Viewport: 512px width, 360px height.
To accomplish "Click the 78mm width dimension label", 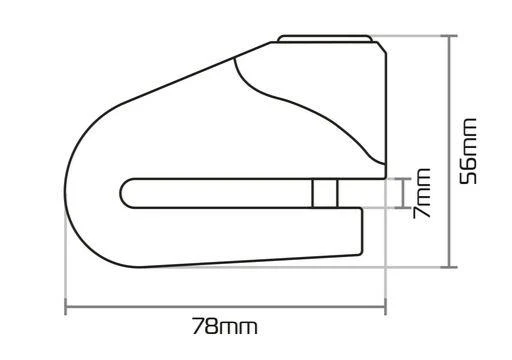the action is pos(225,326).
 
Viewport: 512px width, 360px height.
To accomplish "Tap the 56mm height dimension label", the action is pos(468,151).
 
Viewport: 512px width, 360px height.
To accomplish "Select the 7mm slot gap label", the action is pos(421,193).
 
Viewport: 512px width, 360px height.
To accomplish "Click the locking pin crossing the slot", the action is pos(325,193).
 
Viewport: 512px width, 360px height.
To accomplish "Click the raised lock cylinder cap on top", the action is pos(325,38).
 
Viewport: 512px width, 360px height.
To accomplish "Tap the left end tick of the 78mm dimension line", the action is pos(66,306).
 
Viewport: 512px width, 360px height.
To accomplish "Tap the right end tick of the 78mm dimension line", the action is pos(386,306).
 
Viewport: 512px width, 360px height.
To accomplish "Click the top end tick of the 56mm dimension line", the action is pos(449,35).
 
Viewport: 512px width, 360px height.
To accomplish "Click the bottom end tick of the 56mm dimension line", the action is pos(449,267).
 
